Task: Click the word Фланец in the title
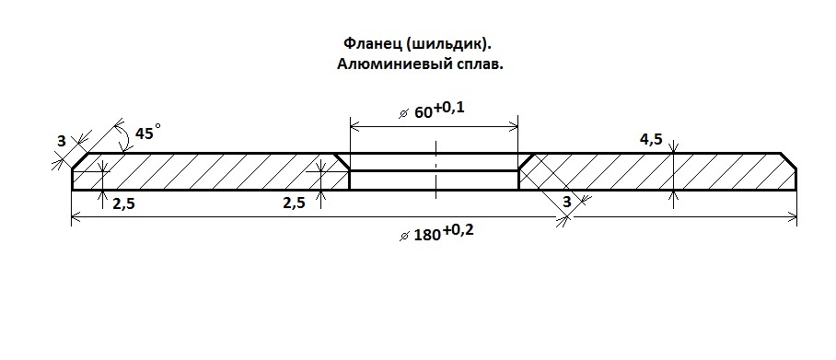click(x=366, y=44)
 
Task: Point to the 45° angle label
click(x=146, y=134)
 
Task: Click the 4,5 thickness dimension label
click(x=651, y=140)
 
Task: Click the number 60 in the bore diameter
click(x=423, y=112)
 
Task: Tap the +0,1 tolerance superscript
click(x=450, y=108)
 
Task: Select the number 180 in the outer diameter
click(x=426, y=235)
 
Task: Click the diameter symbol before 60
click(x=403, y=113)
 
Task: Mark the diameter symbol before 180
click(x=403, y=236)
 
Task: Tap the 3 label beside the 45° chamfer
click(x=61, y=141)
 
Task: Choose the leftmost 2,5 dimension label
click(x=124, y=203)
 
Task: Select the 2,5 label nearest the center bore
click(x=293, y=203)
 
